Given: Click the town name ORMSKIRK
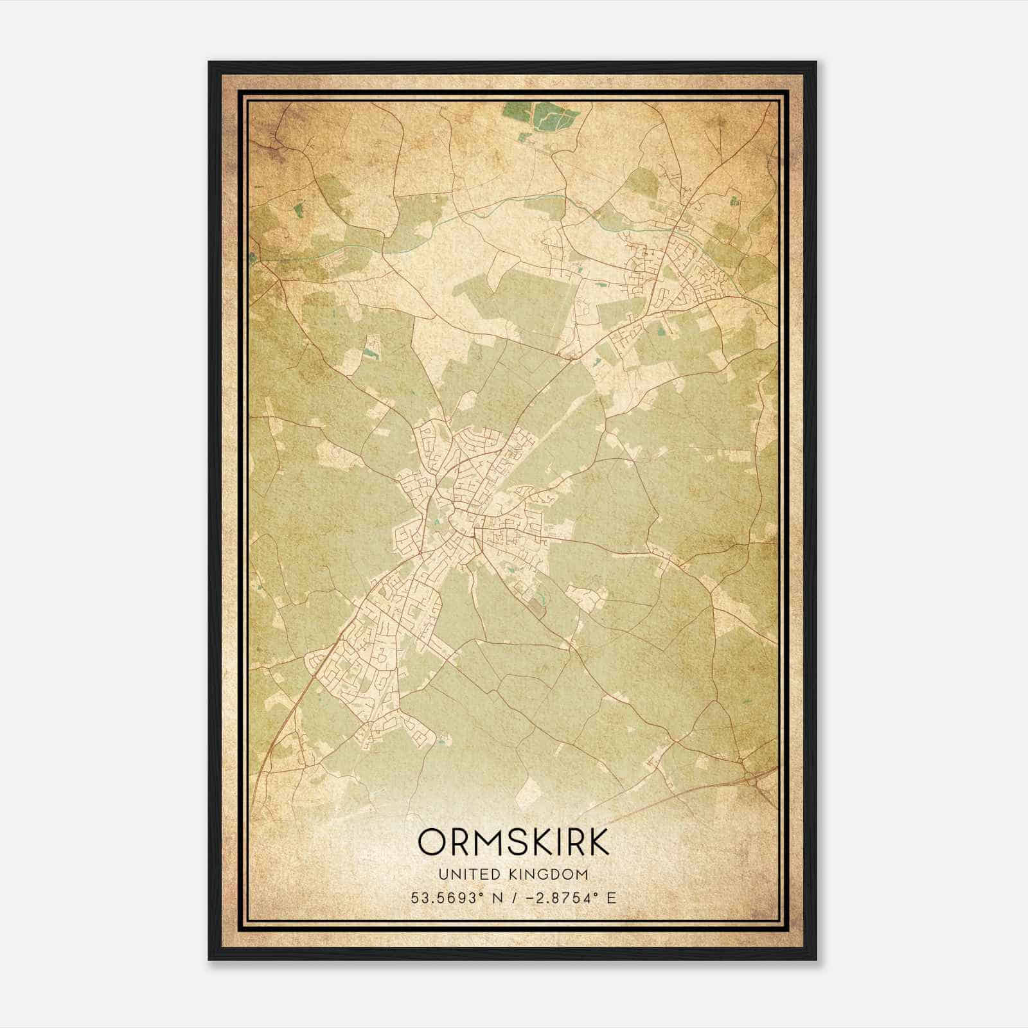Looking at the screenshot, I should point(513,842).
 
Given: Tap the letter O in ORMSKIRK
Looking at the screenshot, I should point(431,842).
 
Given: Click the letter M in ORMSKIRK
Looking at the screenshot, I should point(487,842).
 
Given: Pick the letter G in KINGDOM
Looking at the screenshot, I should point(548,874).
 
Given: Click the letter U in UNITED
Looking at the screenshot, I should point(443,874).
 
